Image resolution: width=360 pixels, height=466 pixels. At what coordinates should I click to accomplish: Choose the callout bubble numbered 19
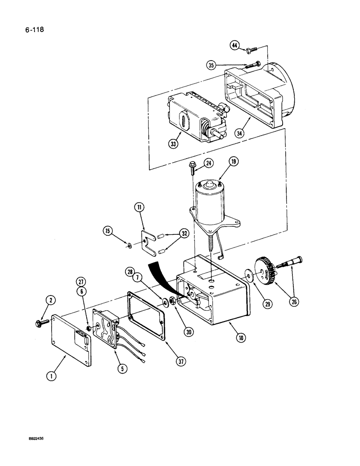click(x=233, y=162)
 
